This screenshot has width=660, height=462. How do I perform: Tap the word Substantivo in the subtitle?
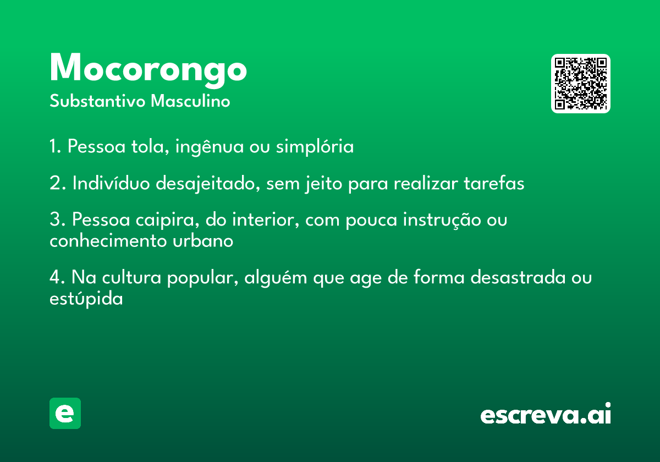click(97, 101)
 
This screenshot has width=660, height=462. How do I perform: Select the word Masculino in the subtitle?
click(190, 101)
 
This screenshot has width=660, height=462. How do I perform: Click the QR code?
click(580, 84)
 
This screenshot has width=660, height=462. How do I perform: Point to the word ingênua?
click(210, 147)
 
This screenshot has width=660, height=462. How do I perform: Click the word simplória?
click(315, 146)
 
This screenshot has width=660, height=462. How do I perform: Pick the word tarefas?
click(494, 183)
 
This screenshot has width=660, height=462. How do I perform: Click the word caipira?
click(167, 220)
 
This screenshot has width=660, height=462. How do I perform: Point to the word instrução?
click(442, 220)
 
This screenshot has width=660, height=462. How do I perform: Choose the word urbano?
click(203, 241)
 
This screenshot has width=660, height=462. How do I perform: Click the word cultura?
click(131, 278)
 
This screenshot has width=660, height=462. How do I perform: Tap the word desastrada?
click(518, 278)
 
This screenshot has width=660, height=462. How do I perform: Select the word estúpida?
click(86, 299)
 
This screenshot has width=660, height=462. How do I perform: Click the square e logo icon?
click(65, 413)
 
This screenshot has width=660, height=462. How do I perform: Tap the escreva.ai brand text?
click(546, 413)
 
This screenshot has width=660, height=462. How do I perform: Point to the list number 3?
click(57, 219)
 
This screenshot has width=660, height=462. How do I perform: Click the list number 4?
click(57, 277)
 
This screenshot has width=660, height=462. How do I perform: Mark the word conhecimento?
click(108, 241)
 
